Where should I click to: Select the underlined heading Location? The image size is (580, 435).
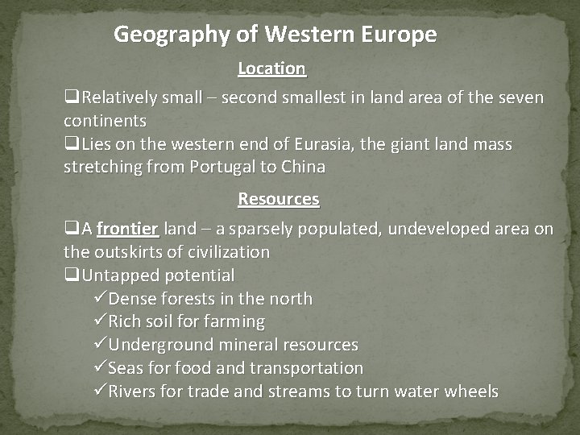pos(271,68)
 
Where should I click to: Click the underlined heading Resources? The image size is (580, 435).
pos(279,198)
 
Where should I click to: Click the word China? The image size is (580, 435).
pos(304,167)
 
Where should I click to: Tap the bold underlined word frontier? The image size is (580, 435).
pos(127,229)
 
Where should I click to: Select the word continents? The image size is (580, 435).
pos(105,121)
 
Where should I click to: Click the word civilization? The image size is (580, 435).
pos(219,251)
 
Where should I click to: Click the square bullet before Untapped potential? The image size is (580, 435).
pos(72,275)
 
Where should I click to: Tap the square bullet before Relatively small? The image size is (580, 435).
pos(72,98)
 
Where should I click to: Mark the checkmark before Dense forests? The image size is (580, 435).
pos(100,298)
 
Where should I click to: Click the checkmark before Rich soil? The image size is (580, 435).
pos(100,321)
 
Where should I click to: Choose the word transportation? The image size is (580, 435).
pos(306,368)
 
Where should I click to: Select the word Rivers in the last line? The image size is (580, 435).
pos(132,391)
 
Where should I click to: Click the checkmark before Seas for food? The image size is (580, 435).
pos(100,368)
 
